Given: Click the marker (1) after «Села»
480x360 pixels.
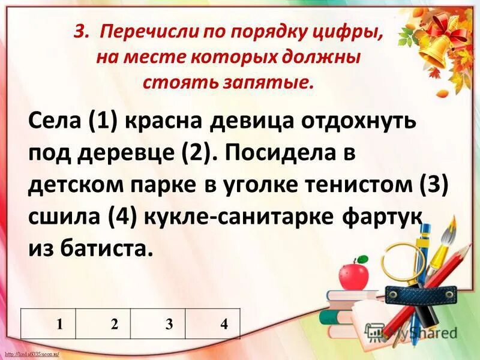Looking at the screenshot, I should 103,122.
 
